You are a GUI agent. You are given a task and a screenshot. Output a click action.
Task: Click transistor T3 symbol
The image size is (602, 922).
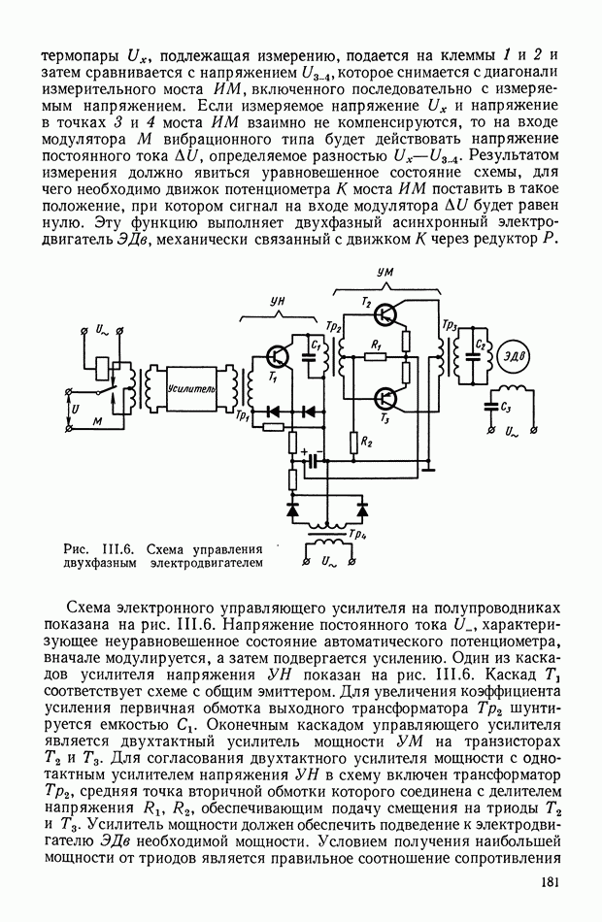387,397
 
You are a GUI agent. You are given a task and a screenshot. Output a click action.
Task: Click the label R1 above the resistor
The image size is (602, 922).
377,344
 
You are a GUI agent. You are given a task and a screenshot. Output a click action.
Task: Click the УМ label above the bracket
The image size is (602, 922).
384,275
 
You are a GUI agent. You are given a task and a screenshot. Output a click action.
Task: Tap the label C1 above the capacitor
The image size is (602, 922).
316,342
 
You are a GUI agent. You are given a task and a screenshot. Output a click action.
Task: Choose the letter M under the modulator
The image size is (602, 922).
95,422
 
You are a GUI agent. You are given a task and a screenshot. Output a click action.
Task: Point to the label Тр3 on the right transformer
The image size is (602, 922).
450,324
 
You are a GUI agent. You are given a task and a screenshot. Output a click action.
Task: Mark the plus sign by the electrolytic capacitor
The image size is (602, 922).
305,450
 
